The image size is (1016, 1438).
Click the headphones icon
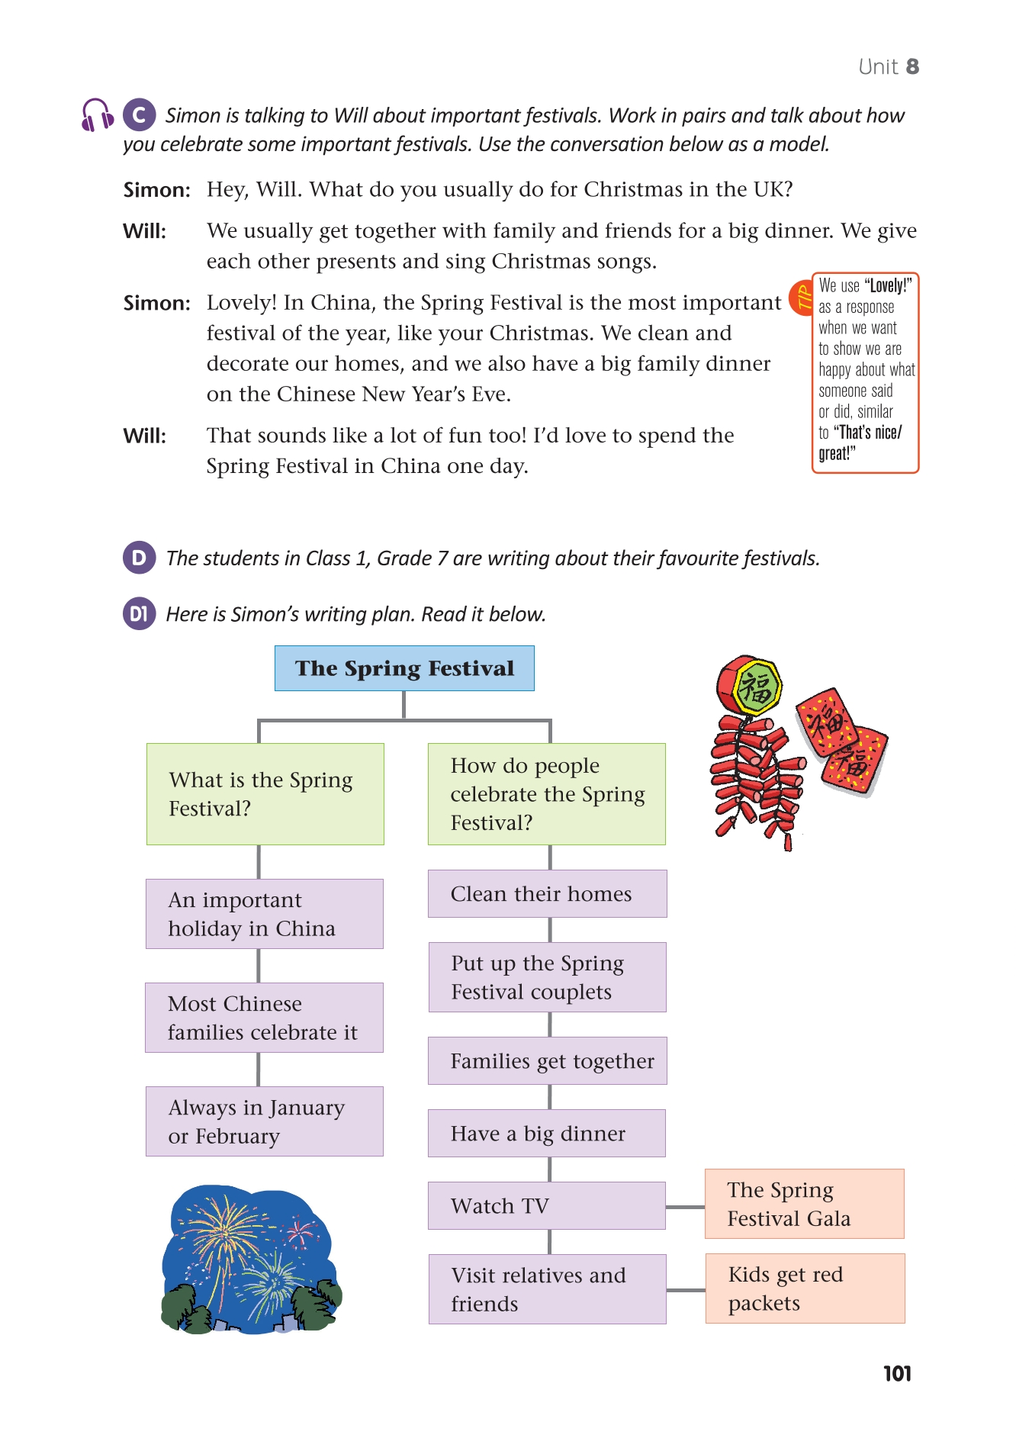tap(97, 115)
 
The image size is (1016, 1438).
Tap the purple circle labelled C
tap(139, 115)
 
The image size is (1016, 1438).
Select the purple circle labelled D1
tap(139, 614)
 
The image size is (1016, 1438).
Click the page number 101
tap(897, 1374)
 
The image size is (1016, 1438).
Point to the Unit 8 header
tap(889, 67)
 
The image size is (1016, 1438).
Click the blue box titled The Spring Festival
tap(404, 668)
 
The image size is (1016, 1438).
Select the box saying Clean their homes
tap(547, 893)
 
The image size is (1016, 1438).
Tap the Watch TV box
tap(546, 1205)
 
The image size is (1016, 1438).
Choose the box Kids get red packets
tap(805, 1288)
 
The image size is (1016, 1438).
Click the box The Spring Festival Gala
tap(804, 1204)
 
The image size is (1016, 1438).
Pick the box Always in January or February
tap(264, 1121)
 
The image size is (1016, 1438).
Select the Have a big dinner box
tap(546, 1134)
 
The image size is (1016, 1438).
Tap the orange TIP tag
tap(802, 298)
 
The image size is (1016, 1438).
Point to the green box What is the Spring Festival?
tap(265, 794)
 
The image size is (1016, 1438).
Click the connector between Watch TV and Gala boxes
tap(685, 1207)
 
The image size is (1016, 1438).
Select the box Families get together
tap(547, 1061)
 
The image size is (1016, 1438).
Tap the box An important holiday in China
tap(264, 914)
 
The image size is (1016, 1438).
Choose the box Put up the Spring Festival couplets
tap(547, 977)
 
